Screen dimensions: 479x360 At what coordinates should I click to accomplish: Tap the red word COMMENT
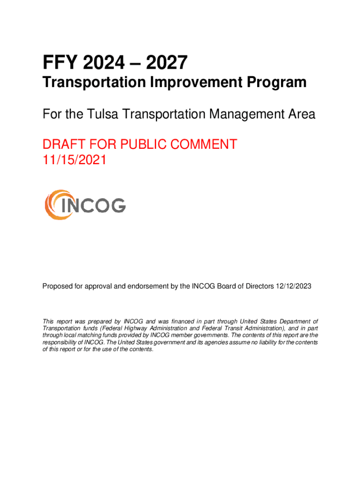pyautogui.click(x=199, y=145)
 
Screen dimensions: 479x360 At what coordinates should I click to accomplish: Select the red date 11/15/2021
pyautogui.click(x=74, y=160)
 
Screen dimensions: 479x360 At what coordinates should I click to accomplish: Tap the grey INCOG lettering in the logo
pyautogui.click(x=93, y=205)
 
